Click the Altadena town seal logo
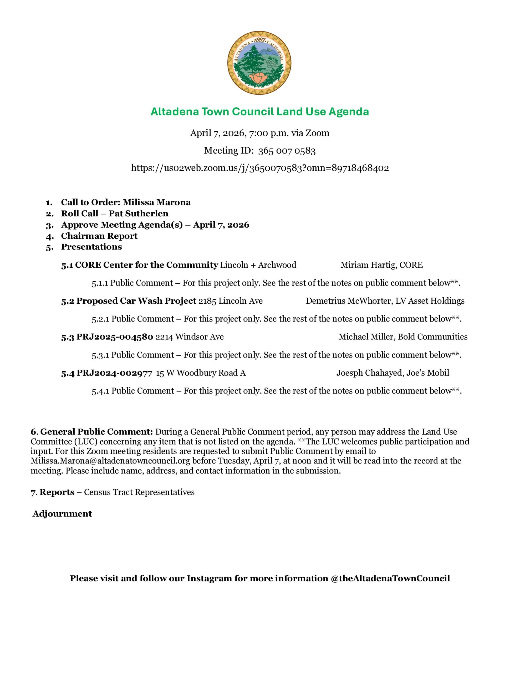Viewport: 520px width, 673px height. [259, 63]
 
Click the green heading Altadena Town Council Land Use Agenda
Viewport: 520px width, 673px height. [259, 111]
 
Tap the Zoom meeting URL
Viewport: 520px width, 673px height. [259, 168]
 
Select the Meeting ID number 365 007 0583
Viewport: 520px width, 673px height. [287, 151]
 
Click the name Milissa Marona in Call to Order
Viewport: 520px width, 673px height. [157, 202]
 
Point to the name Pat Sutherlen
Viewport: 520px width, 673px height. [138, 213]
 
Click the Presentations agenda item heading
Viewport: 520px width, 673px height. [91, 247]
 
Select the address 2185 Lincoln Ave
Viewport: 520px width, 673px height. [230, 301]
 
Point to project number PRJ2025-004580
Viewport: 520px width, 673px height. [115, 337]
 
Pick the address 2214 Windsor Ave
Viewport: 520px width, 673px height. [189, 337]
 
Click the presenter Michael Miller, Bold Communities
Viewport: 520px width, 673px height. [402, 337]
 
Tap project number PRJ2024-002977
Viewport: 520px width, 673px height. [114, 373]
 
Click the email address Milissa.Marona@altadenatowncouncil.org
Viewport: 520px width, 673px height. [110, 461]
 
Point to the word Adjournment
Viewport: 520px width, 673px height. [62, 514]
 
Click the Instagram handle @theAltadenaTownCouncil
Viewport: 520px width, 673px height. [390, 578]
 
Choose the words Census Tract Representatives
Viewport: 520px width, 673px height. [139, 492]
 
